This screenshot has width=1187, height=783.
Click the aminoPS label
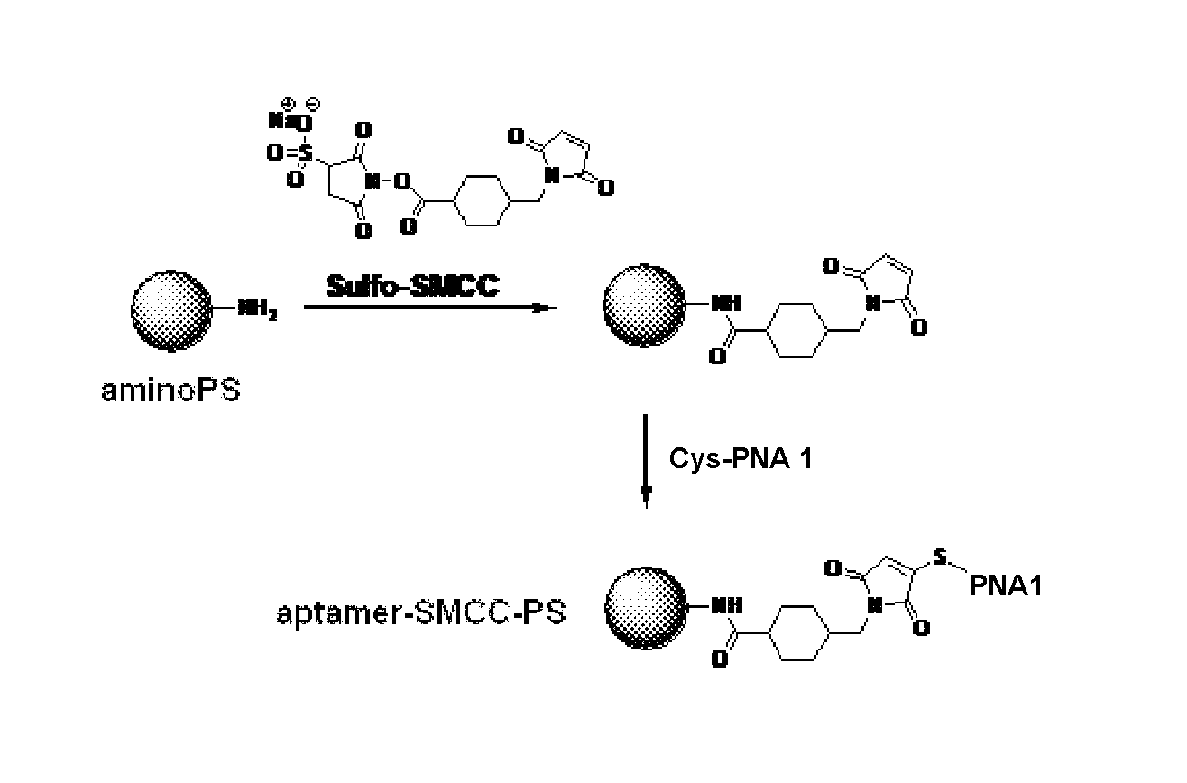tap(170, 391)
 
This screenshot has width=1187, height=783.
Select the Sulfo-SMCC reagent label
tap(412, 286)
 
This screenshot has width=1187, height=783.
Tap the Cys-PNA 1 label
tap(741, 458)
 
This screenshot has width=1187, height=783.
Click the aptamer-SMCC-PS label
tap(421, 613)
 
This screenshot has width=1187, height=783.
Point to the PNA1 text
tap(1006, 585)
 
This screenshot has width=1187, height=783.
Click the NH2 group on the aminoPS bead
tap(258, 308)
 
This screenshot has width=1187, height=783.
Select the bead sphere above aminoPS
tap(171, 311)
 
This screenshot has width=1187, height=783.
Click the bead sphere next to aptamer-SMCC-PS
tap(646, 608)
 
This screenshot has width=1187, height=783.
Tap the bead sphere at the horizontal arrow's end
tap(644, 306)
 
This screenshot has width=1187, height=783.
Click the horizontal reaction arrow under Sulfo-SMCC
tap(430, 308)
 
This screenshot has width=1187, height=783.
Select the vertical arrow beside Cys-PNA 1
tap(646, 461)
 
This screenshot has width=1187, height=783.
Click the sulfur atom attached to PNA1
tap(939, 556)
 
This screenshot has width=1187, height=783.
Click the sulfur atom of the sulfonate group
tap(305, 153)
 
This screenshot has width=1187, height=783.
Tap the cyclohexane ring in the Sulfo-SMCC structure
tap(482, 201)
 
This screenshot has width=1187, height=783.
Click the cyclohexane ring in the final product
tap(798, 632)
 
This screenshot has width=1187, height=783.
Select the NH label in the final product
tap(726, 605)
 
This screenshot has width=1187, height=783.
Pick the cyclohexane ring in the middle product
tap(796, 330)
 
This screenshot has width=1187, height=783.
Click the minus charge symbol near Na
tap(314, 104)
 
